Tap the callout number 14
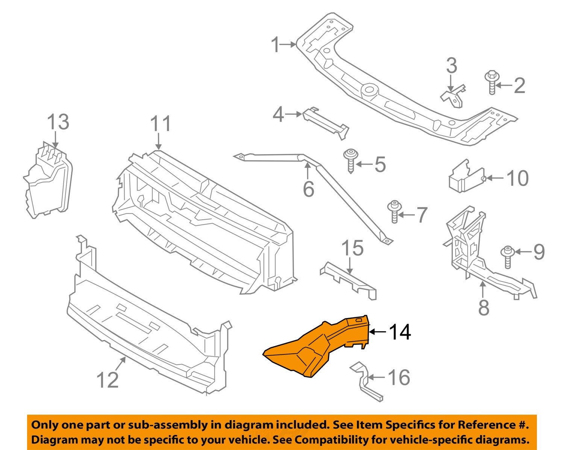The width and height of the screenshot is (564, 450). tap(400, 332)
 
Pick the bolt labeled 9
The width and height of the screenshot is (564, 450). tap(508, 256)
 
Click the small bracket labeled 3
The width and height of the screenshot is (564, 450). tap(453, 96)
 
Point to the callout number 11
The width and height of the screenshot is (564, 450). tap(161, 124)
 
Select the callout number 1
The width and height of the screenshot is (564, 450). tap(276, 45)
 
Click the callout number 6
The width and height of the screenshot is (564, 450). tap(308, 189)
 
